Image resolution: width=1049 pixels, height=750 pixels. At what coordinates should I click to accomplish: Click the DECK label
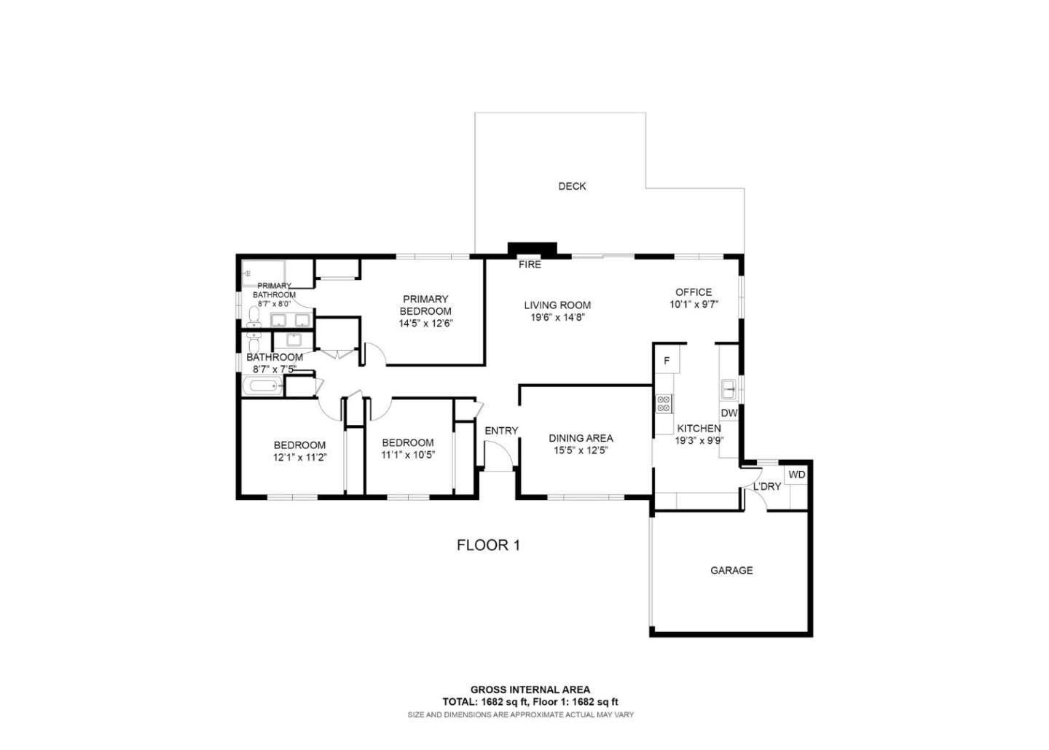click(x=572, y=186)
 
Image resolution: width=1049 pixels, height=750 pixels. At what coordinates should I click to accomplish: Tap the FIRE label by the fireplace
click(x=530, y=265)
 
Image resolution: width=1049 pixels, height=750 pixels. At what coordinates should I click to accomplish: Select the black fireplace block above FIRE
click(x=532, y=249)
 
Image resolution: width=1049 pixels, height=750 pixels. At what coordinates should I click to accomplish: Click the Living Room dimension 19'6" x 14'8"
click(x=557, y=317)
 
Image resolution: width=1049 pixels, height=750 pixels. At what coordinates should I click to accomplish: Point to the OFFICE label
click(x=694, y=292)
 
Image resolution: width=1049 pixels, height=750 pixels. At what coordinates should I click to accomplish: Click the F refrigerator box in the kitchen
click(x=666, y=360)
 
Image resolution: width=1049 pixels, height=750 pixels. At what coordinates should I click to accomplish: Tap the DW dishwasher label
click(x=729, y=413)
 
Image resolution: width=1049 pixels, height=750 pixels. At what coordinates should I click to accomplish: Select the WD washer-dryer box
click(x=797, y=474)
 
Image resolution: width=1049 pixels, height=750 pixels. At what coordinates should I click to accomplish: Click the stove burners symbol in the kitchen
click(x=664, y=403)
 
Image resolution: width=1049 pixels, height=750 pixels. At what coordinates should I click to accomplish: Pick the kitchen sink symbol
click(x=728, y=389)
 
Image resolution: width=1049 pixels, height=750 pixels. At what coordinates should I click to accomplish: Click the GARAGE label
click(x=731, y=570)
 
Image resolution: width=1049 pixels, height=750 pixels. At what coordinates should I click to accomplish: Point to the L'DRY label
click(x=767, y=486)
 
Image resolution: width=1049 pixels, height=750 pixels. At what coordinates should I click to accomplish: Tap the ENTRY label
click(x=501, y=431)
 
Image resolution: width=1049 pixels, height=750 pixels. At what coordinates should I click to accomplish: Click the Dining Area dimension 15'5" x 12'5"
click(x=581, y=450)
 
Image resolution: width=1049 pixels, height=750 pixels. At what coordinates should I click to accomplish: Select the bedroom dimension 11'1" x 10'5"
click(x=408, y=455)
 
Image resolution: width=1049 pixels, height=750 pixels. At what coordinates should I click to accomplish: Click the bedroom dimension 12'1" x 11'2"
click(x=299, y=458)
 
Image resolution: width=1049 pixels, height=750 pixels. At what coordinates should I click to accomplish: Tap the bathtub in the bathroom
click(x=262, y=387)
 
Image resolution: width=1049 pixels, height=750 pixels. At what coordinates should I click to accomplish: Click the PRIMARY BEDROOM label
click(x=425, y=305)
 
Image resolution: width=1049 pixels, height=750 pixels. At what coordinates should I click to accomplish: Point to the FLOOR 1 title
click(x=488, y=544)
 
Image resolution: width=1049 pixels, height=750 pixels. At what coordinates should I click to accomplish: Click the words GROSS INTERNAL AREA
click(x=530, y=690)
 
